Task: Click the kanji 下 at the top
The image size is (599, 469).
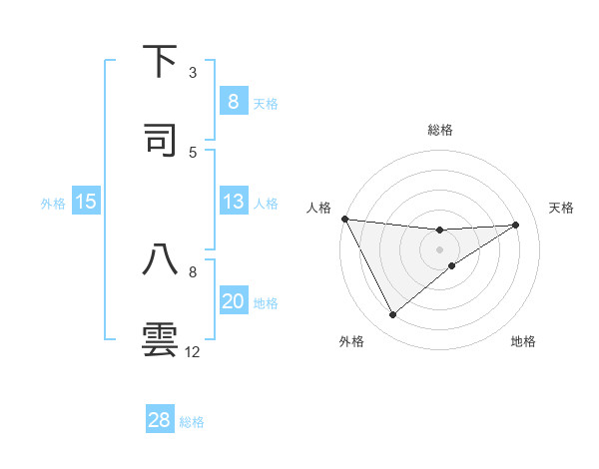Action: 161,61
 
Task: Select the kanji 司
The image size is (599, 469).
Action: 161,139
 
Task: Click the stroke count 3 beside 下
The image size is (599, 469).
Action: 193,72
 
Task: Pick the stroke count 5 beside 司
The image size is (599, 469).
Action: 193,152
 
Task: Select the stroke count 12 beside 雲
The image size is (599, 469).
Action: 193,351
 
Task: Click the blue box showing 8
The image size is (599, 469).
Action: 233,102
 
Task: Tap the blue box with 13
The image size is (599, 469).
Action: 233,203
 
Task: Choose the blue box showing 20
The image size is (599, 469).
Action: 233,301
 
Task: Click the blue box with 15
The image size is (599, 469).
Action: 86,203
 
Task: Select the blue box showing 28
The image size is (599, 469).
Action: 159,420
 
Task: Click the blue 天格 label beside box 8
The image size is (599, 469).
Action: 266,103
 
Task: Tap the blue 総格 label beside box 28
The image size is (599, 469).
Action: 192,421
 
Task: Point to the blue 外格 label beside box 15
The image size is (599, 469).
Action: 53,204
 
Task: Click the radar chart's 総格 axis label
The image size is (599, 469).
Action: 440,130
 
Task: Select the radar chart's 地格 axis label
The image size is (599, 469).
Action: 523,341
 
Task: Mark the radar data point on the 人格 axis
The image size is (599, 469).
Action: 344,219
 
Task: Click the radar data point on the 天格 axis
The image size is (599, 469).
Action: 516,225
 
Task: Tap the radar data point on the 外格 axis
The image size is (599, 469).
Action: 392,315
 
